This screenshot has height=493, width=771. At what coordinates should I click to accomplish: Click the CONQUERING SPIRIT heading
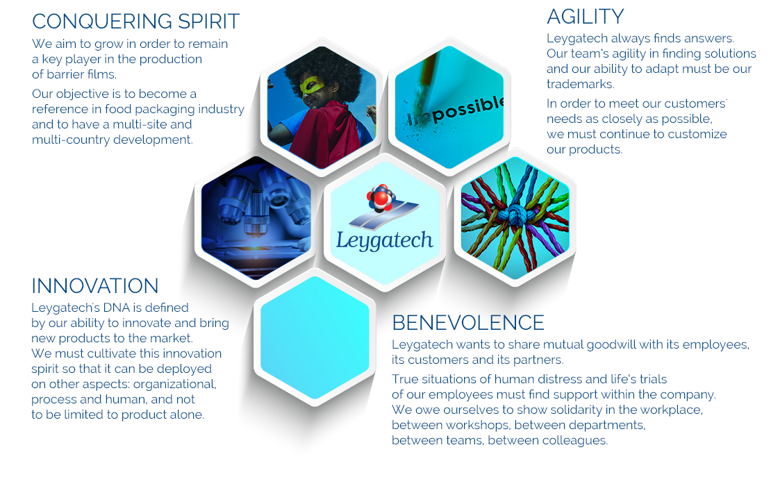coord(135,22)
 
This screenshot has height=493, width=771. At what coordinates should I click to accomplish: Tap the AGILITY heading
coord(585,17)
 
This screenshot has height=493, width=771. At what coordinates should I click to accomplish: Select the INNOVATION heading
coord(95,286)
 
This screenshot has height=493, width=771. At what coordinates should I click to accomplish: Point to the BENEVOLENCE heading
coord(468,323)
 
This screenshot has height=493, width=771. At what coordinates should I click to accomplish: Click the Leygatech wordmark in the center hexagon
coord(385,240)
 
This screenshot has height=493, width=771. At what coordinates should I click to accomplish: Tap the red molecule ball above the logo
coord(380,198)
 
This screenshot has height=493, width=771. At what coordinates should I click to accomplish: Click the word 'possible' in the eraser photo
coord(467,109)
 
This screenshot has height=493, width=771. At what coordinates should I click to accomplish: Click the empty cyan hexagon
coord(315,337)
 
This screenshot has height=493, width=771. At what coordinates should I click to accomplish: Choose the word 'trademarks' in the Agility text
coord(580,85)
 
